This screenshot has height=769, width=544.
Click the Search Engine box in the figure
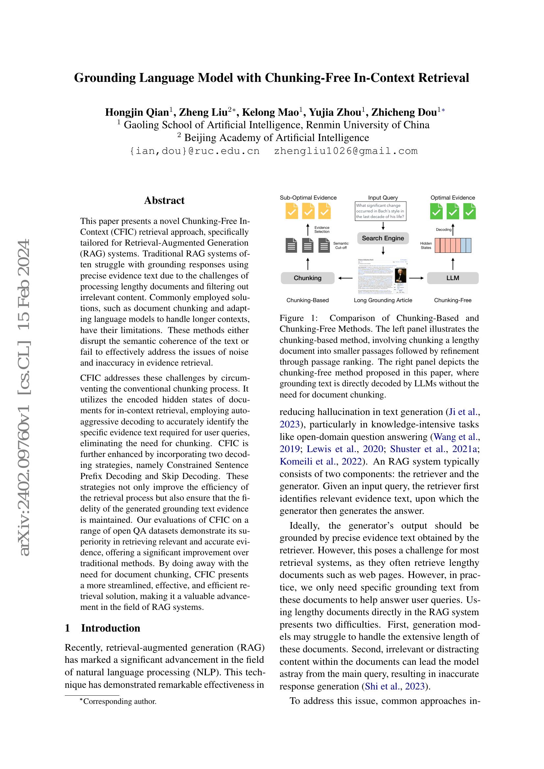383,238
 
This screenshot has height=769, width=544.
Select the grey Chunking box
308,278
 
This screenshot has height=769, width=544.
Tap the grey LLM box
453,278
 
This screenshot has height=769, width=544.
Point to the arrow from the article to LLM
417,278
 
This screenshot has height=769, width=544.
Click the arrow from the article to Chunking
345,278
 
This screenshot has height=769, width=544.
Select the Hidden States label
426,246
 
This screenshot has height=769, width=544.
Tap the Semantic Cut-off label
341,246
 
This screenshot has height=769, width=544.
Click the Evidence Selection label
322,229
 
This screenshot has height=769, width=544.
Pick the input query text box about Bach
380,211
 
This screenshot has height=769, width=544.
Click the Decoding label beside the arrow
443,229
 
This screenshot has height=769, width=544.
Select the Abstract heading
164,200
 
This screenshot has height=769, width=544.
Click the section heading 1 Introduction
103,628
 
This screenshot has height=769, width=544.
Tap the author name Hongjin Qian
137,112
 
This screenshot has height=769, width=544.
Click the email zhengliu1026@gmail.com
346,151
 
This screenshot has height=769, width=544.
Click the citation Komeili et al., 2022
321,462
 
